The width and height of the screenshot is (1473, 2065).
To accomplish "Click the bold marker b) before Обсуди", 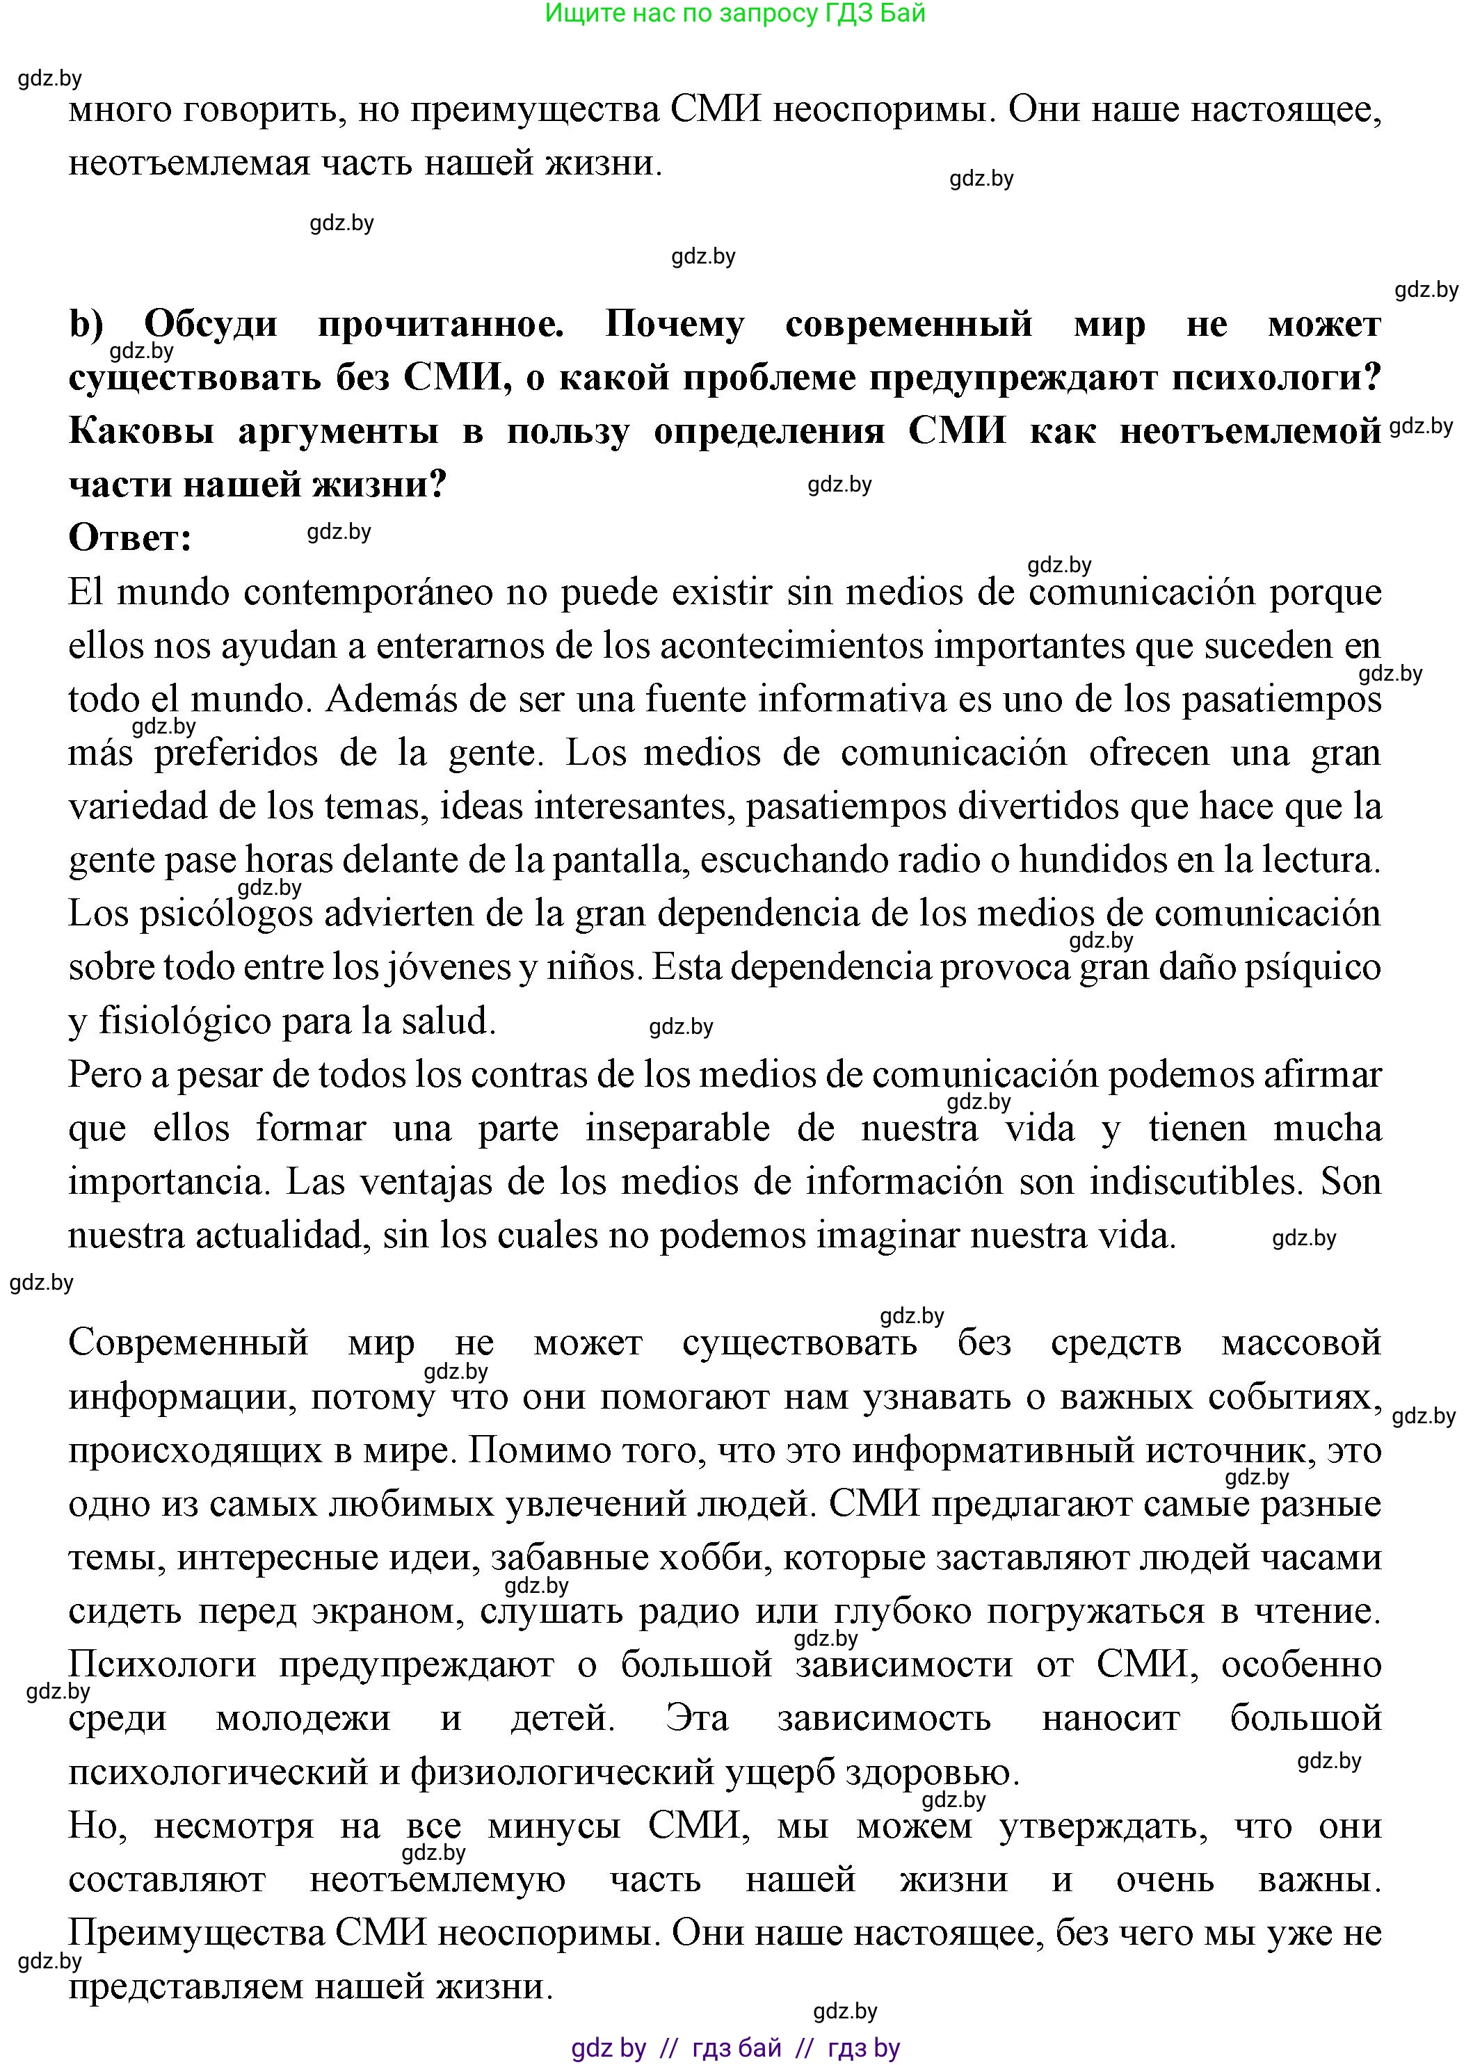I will click(x=86, y=324).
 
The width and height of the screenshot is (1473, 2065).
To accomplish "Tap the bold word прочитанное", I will click(x=441, y=324).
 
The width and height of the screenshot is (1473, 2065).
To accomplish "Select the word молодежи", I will click(x=303, y=1719).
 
